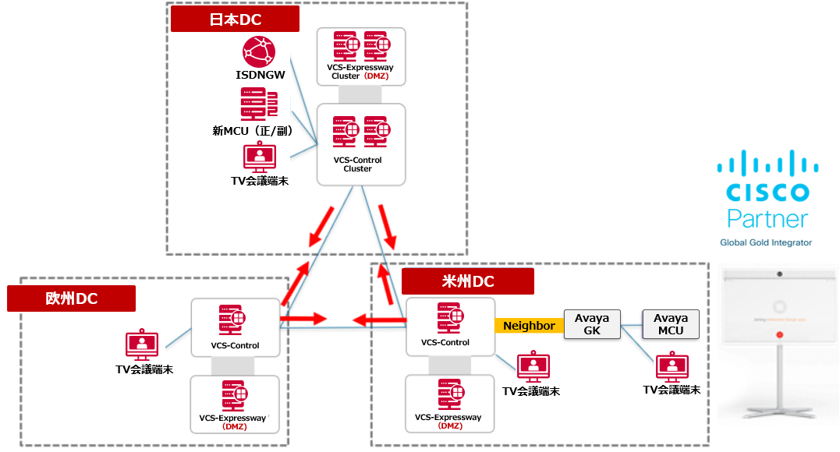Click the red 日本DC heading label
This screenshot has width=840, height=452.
235,20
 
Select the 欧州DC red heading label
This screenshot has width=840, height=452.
71,298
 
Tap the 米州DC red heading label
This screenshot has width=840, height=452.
467,281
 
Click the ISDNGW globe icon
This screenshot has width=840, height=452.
259,53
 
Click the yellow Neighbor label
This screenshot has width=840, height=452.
529,326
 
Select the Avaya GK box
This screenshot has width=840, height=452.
591,324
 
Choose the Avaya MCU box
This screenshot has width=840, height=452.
671,324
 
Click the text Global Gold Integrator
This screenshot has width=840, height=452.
766,242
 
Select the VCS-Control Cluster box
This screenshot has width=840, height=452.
360,145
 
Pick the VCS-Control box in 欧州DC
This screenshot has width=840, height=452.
235,327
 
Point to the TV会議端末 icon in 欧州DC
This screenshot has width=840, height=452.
142,344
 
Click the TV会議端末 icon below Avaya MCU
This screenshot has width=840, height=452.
671,367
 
